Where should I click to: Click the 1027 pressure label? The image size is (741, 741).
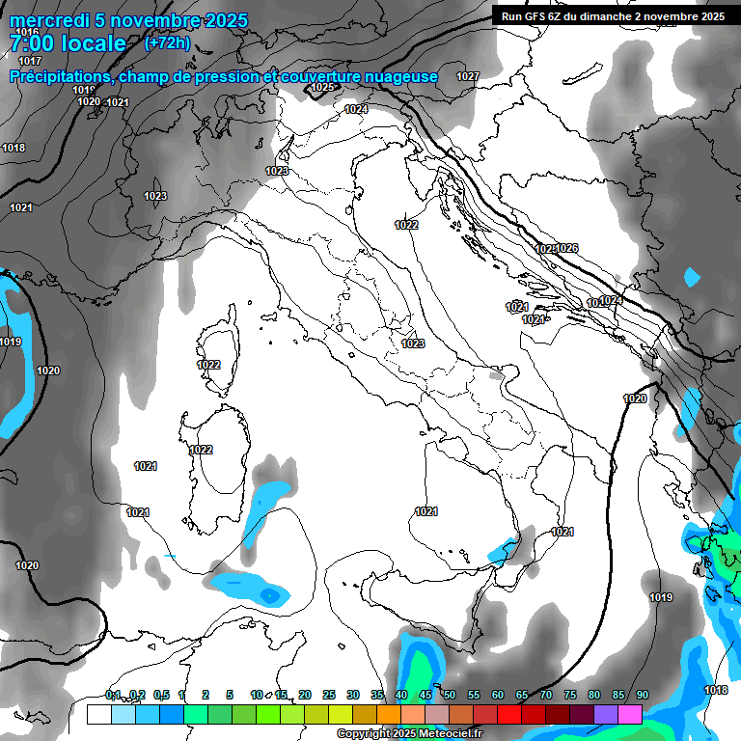pos(468,76)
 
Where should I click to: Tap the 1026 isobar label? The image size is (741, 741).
pos(567,249)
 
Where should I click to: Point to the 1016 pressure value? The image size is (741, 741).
pos(27,33)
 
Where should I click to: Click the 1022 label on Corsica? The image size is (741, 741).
pos(208,365)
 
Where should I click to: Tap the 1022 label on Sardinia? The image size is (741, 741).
pos(201,450)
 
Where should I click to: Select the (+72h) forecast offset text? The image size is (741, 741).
pos(166,43)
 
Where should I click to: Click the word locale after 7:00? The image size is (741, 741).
pos(92,44)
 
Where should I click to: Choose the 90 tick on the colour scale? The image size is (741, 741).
pos(642,696)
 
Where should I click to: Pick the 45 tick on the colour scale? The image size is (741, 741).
pos(425,696)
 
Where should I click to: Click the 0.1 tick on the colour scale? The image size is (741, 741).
pos(113,696)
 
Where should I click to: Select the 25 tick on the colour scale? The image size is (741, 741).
pos(329,696)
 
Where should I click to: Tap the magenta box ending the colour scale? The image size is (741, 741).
pos(630,714)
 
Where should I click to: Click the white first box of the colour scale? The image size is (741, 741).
pos(98,714)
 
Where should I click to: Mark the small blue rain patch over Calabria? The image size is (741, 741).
pos(503,551)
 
